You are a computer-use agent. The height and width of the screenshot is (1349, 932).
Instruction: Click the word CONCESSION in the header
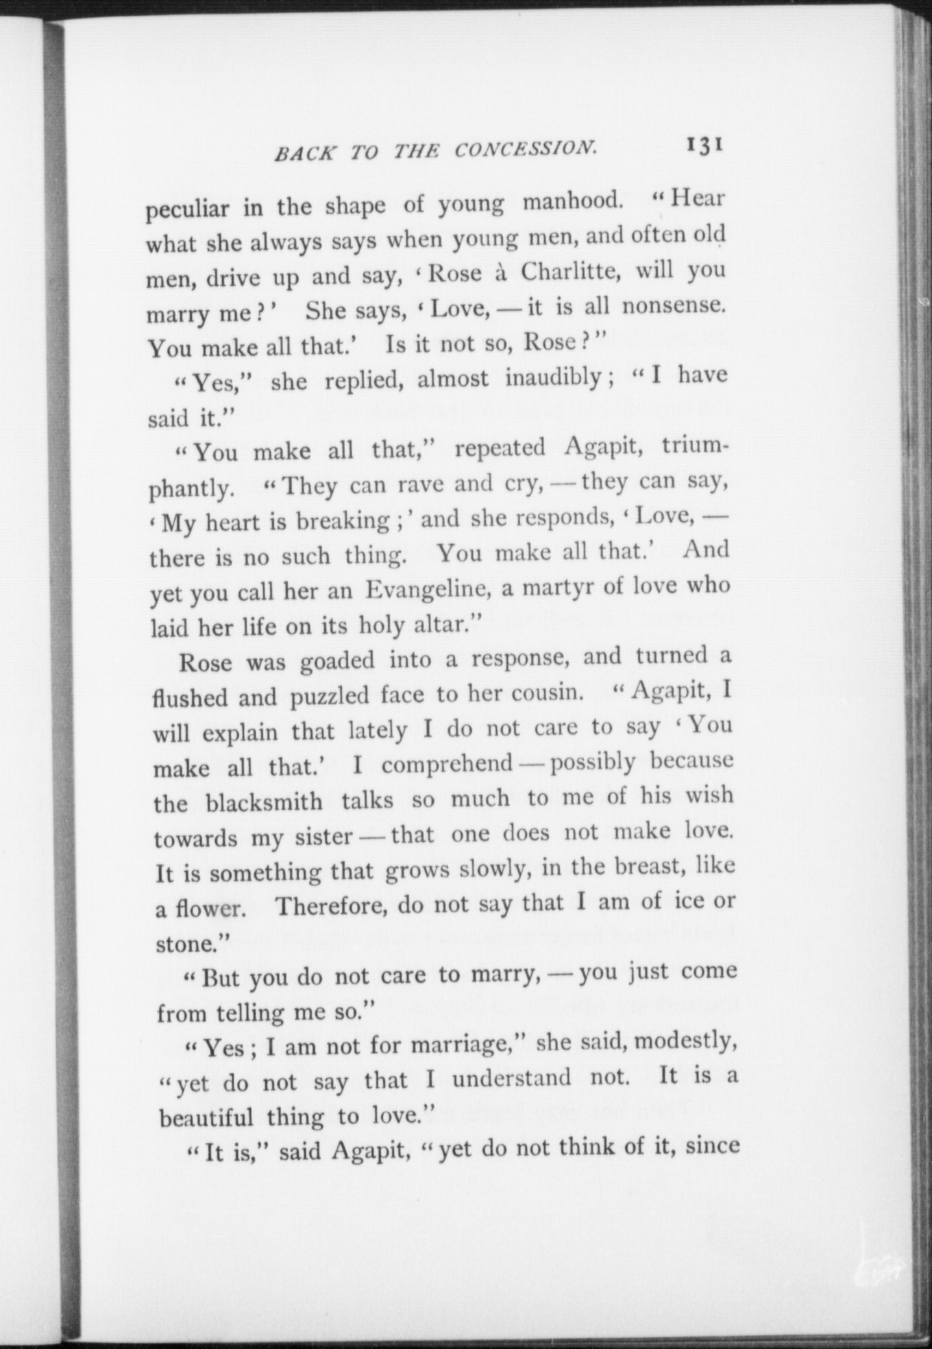[x=524, y=149]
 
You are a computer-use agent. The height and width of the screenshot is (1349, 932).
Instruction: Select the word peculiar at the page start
[x=187, y=209]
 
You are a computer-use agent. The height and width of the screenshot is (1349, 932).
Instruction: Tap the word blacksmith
[x=264, y=802]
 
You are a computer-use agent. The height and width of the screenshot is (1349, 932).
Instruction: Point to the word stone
[x=182, y=945]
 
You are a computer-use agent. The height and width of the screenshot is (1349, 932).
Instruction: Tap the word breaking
[x=343, y=522]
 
